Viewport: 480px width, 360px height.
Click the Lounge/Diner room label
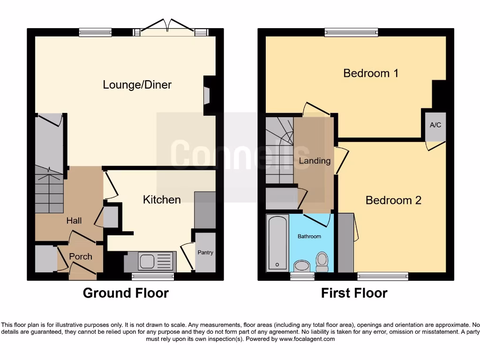click(x=137, y=85)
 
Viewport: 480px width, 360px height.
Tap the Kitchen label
click(x=162, y=200)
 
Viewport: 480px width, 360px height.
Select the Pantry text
click(x=205, y=253)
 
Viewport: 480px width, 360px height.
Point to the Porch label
click(x=81, y=256)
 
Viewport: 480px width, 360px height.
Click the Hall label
click(x=74, y=220)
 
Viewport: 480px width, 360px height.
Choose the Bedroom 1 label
click(x=371, y=73)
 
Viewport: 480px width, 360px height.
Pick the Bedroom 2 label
click(x=393, y=200)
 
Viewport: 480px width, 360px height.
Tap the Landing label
click(x=315, y=161)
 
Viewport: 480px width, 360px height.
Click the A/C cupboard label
click(x=435, y=125)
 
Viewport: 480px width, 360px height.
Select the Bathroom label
click(x=309, y=236)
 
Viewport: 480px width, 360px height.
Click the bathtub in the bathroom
click(x=277, y=243)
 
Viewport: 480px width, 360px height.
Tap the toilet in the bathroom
click(x=322, y=262)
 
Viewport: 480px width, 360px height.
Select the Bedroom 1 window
click(x=351, y=32)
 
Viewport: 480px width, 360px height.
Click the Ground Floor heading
click(x=126, y=293)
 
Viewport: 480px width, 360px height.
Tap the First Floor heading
click(x=354, y=293)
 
